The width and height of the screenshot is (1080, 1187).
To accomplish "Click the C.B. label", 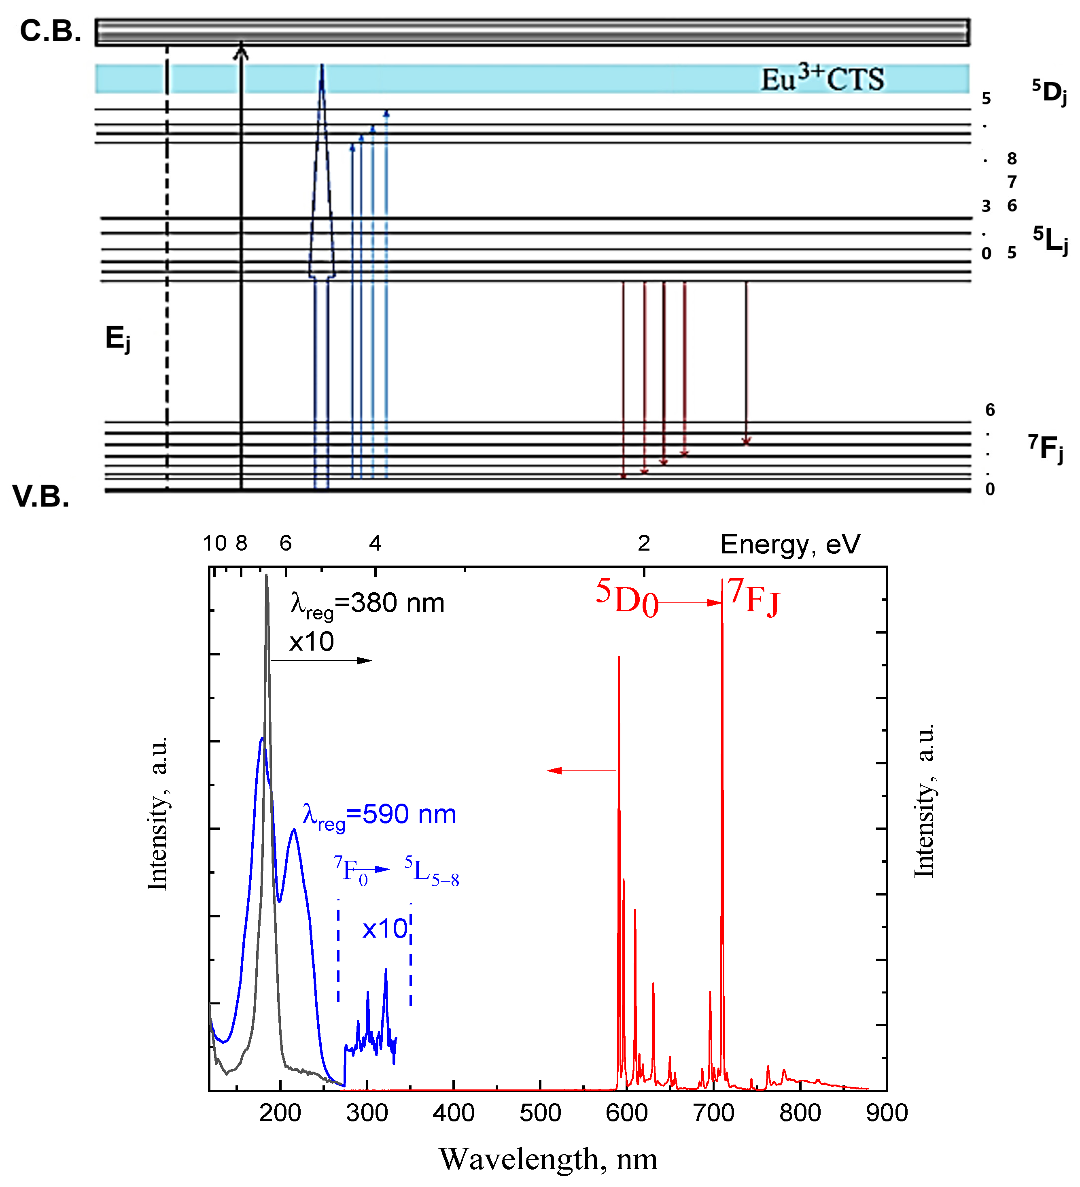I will coord(50,31).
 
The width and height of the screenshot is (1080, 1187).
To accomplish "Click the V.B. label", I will coord(40,496).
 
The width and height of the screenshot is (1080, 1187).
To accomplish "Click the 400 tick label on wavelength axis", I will coord(453,1113).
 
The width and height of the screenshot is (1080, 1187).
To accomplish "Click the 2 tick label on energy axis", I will coord(643,543).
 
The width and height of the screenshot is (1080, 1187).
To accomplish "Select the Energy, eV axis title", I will coord(790,544).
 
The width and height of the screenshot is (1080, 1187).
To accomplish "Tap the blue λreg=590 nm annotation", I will coord(379,815).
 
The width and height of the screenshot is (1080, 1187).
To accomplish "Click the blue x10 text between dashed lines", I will coord(384,929).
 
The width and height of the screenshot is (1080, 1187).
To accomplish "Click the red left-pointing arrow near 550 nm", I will coord(580,770).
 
